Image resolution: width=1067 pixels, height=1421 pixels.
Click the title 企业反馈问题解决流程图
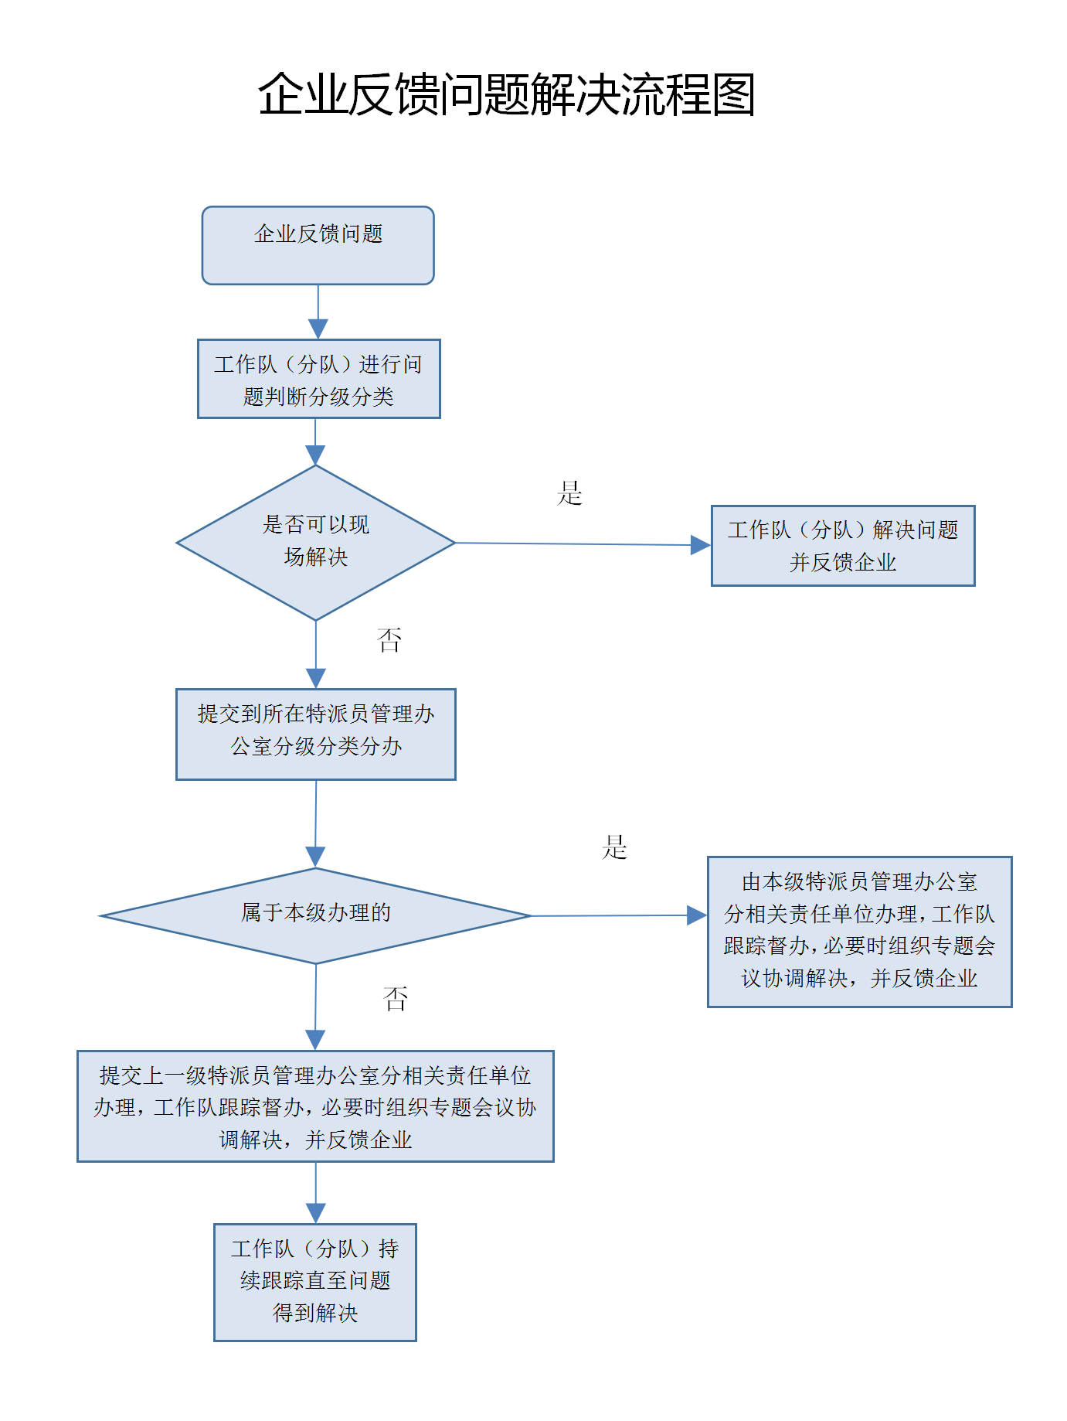pos(506,95)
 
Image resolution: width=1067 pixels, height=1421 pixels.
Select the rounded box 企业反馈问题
pos(318,245)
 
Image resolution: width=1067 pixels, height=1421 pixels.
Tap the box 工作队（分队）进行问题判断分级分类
pos(318,379)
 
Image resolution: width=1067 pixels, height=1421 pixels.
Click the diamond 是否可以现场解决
pos(315,542)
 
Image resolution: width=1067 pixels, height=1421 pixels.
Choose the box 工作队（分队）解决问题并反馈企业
pos(842,546)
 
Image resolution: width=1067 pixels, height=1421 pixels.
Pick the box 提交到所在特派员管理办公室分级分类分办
pos(315,734)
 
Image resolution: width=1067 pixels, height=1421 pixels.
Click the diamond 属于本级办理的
pos(315,915)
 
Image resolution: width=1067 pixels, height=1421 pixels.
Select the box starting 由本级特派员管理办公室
pos(859,931)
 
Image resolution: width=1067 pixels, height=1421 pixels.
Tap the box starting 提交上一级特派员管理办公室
pos(315,1106)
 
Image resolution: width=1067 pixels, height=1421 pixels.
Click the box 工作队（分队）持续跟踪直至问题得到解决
pos(315,1281)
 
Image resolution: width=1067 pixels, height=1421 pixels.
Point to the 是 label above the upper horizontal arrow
pos(569,493)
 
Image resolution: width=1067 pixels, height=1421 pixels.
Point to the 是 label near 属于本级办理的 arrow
pos(614,847)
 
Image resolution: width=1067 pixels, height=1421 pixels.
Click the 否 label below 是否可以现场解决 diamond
pos(389,639)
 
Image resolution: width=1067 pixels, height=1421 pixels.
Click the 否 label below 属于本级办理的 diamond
pos(395,999)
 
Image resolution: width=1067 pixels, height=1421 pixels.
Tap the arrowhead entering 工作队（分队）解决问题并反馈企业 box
pos(700,545)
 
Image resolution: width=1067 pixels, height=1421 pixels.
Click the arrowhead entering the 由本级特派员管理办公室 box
pos(697,915)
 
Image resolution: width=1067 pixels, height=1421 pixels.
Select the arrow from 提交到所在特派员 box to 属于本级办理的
pos(315,823)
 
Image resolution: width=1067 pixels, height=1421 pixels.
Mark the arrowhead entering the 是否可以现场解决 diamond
pos(315,455)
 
